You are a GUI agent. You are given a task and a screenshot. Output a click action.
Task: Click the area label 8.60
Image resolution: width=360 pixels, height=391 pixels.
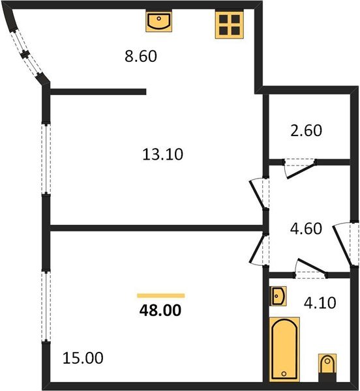point(142,57)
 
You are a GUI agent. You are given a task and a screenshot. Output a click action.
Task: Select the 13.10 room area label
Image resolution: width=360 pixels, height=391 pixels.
point(162,154)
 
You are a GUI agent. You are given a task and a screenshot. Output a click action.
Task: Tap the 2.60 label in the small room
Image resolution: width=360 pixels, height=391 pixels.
point(305,130)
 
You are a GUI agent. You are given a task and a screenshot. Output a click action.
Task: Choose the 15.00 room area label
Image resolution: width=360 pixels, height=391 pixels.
point(82,358)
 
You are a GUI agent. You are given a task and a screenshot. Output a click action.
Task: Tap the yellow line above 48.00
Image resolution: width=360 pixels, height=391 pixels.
point(160,296)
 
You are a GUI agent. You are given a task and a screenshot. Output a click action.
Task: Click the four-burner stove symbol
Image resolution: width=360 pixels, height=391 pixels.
point(229,25)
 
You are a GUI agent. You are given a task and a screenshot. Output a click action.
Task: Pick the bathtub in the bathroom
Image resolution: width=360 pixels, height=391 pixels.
point(285,349)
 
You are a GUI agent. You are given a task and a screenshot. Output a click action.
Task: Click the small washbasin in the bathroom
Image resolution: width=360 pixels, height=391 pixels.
point(278,296)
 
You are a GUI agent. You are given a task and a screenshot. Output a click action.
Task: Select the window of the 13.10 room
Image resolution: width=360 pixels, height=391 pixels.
point(46,158)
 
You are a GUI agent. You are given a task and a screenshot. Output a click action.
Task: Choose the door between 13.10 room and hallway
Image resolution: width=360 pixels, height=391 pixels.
point(259,194)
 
